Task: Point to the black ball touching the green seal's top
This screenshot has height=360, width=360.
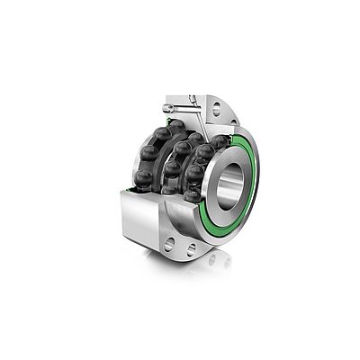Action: tap(219, 141)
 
